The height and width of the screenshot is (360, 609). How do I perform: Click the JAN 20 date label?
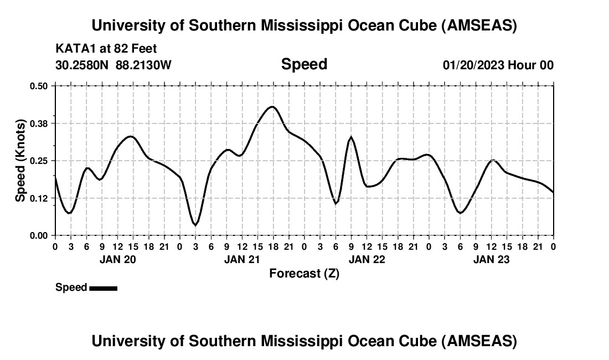[x=117, y=259]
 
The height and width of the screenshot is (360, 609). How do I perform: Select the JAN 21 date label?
[x=242, y=259]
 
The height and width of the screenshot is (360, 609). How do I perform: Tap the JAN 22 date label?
[x=367, y=259]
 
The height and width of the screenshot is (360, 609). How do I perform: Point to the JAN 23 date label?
[x=491, y=259]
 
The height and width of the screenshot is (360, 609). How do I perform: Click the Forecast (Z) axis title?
[x=304, y=274]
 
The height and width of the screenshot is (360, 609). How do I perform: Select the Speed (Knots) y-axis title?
[x=20, y=161]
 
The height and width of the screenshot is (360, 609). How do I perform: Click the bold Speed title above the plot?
[x=304, y=64]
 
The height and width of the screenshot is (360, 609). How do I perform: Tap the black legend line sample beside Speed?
[x=103, y=288]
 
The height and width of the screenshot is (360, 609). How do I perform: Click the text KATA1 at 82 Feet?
[x=106, y=49]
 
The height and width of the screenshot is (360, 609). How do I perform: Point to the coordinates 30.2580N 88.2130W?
[x=113, y=65]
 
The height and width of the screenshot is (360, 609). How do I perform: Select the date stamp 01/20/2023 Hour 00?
[x=498, y=65]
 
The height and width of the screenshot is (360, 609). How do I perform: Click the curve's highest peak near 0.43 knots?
[x=272, y=107]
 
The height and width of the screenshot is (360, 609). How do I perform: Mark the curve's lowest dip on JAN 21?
[x=195, y=224]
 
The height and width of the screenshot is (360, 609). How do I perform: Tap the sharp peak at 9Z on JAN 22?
[x=351, y=137]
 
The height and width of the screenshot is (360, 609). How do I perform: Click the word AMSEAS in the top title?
[x=479, y=25]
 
